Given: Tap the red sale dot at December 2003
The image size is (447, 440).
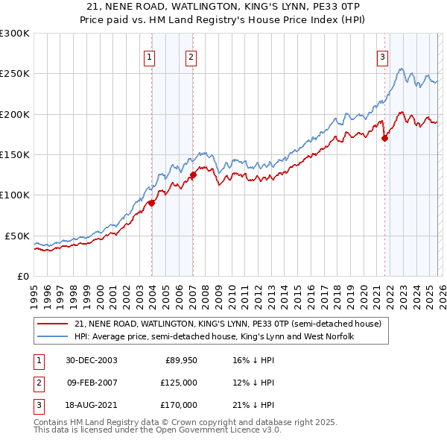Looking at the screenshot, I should [151, 202].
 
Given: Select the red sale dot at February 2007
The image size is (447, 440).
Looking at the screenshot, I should [192, 175].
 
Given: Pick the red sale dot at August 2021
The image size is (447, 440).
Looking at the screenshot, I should [384, 138].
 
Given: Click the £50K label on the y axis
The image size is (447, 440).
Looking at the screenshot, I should [17, 236].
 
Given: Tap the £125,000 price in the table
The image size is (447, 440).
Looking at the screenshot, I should [178, 383].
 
